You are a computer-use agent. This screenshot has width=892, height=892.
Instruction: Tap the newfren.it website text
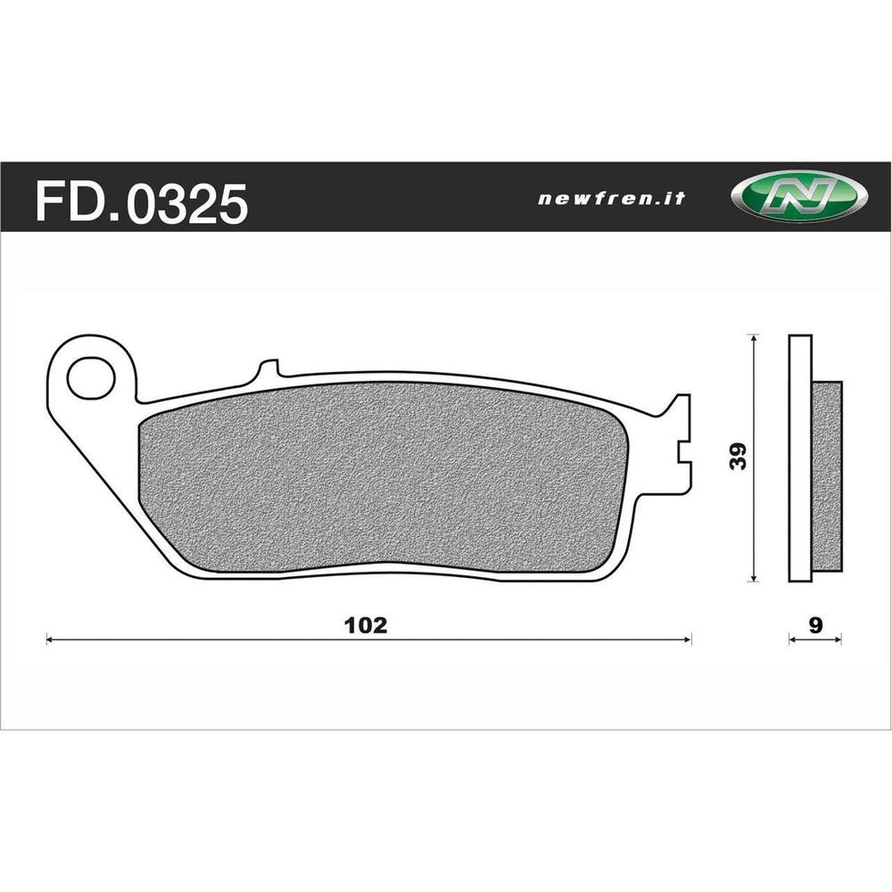(x=611, y=199)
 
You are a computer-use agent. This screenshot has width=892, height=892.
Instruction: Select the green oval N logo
(x=797, y=195)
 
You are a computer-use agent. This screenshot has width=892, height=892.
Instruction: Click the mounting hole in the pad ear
(x=91, y=378)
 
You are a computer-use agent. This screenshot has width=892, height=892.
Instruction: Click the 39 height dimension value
(x=738, y=456)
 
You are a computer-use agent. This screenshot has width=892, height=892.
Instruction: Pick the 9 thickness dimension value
(x=815, y=624)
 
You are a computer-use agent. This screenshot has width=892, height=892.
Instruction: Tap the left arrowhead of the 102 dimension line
(x=50, y=639)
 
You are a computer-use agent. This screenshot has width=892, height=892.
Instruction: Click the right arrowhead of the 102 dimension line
(x=688, y=639)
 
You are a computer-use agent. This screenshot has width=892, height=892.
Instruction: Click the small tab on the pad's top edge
(x=268, y=369)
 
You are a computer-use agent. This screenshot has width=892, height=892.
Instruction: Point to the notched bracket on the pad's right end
(x=680, y=442)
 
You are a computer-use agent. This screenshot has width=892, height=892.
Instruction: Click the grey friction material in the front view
(x=384, y=477)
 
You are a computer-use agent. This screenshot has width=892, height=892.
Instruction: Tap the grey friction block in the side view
(x=827, y=477)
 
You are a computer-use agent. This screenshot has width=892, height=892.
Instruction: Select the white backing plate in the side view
(x=800, y=459)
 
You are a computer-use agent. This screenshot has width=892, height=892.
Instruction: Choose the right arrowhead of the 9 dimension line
(x=839, y=639)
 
